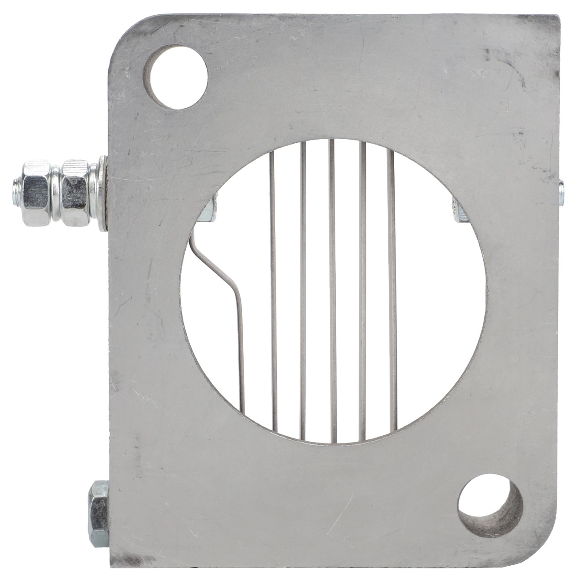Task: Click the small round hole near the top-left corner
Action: click(x=176, y=76)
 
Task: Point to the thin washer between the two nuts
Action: click(x=55, y=193)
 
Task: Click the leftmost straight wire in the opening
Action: click(x=272, y=292)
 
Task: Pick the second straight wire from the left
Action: click(x=302, y=292)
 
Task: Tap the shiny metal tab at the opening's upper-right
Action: click(x=458, y=210)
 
